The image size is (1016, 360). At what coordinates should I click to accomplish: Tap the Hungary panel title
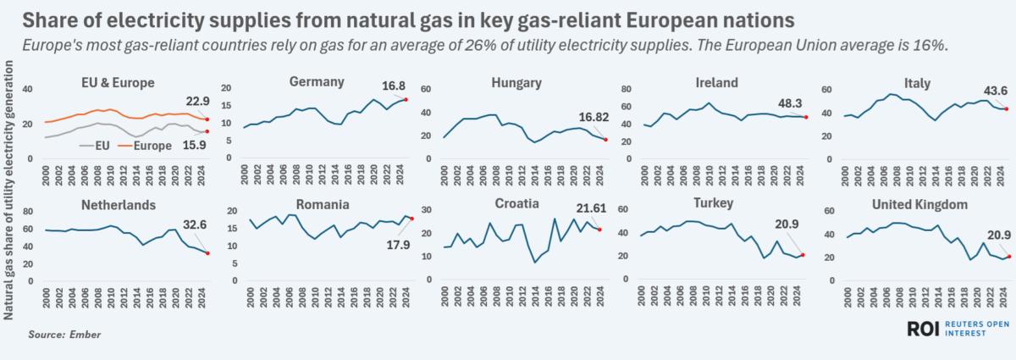[516, 82]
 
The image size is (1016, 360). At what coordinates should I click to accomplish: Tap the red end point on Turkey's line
[803, 255]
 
